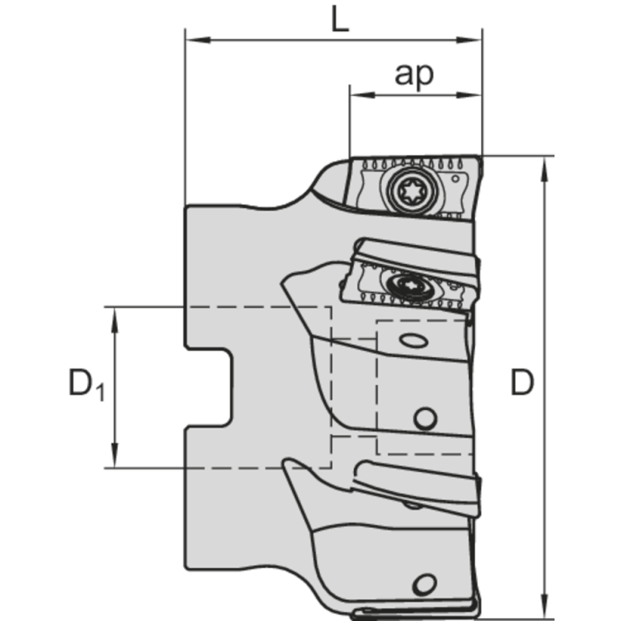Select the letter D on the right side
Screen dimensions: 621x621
coord(522,383)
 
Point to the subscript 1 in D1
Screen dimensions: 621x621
coord(99,393)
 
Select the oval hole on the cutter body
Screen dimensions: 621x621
coord(412,341)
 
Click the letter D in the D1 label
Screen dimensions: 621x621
coord(80,383)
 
